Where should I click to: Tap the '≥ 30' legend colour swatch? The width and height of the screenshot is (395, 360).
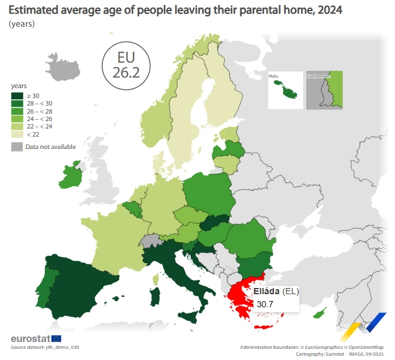pyautogui.click(x=17, y=95)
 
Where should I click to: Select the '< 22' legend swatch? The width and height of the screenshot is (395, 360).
pyautogui.click(x=17, y=133)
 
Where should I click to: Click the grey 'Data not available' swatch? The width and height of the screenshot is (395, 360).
pyautogui.click(x=17, y=146)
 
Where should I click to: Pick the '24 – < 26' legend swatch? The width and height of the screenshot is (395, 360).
pyautogui.click(x=17, y=118)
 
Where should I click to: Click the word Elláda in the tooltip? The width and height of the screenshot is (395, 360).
pyautogui.click(x=266, y=291)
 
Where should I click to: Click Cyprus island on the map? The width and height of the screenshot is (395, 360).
pyautogui.click(x=320, y=314)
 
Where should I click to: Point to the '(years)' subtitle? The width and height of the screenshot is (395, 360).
pyautogui.click(x=22, y=24)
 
